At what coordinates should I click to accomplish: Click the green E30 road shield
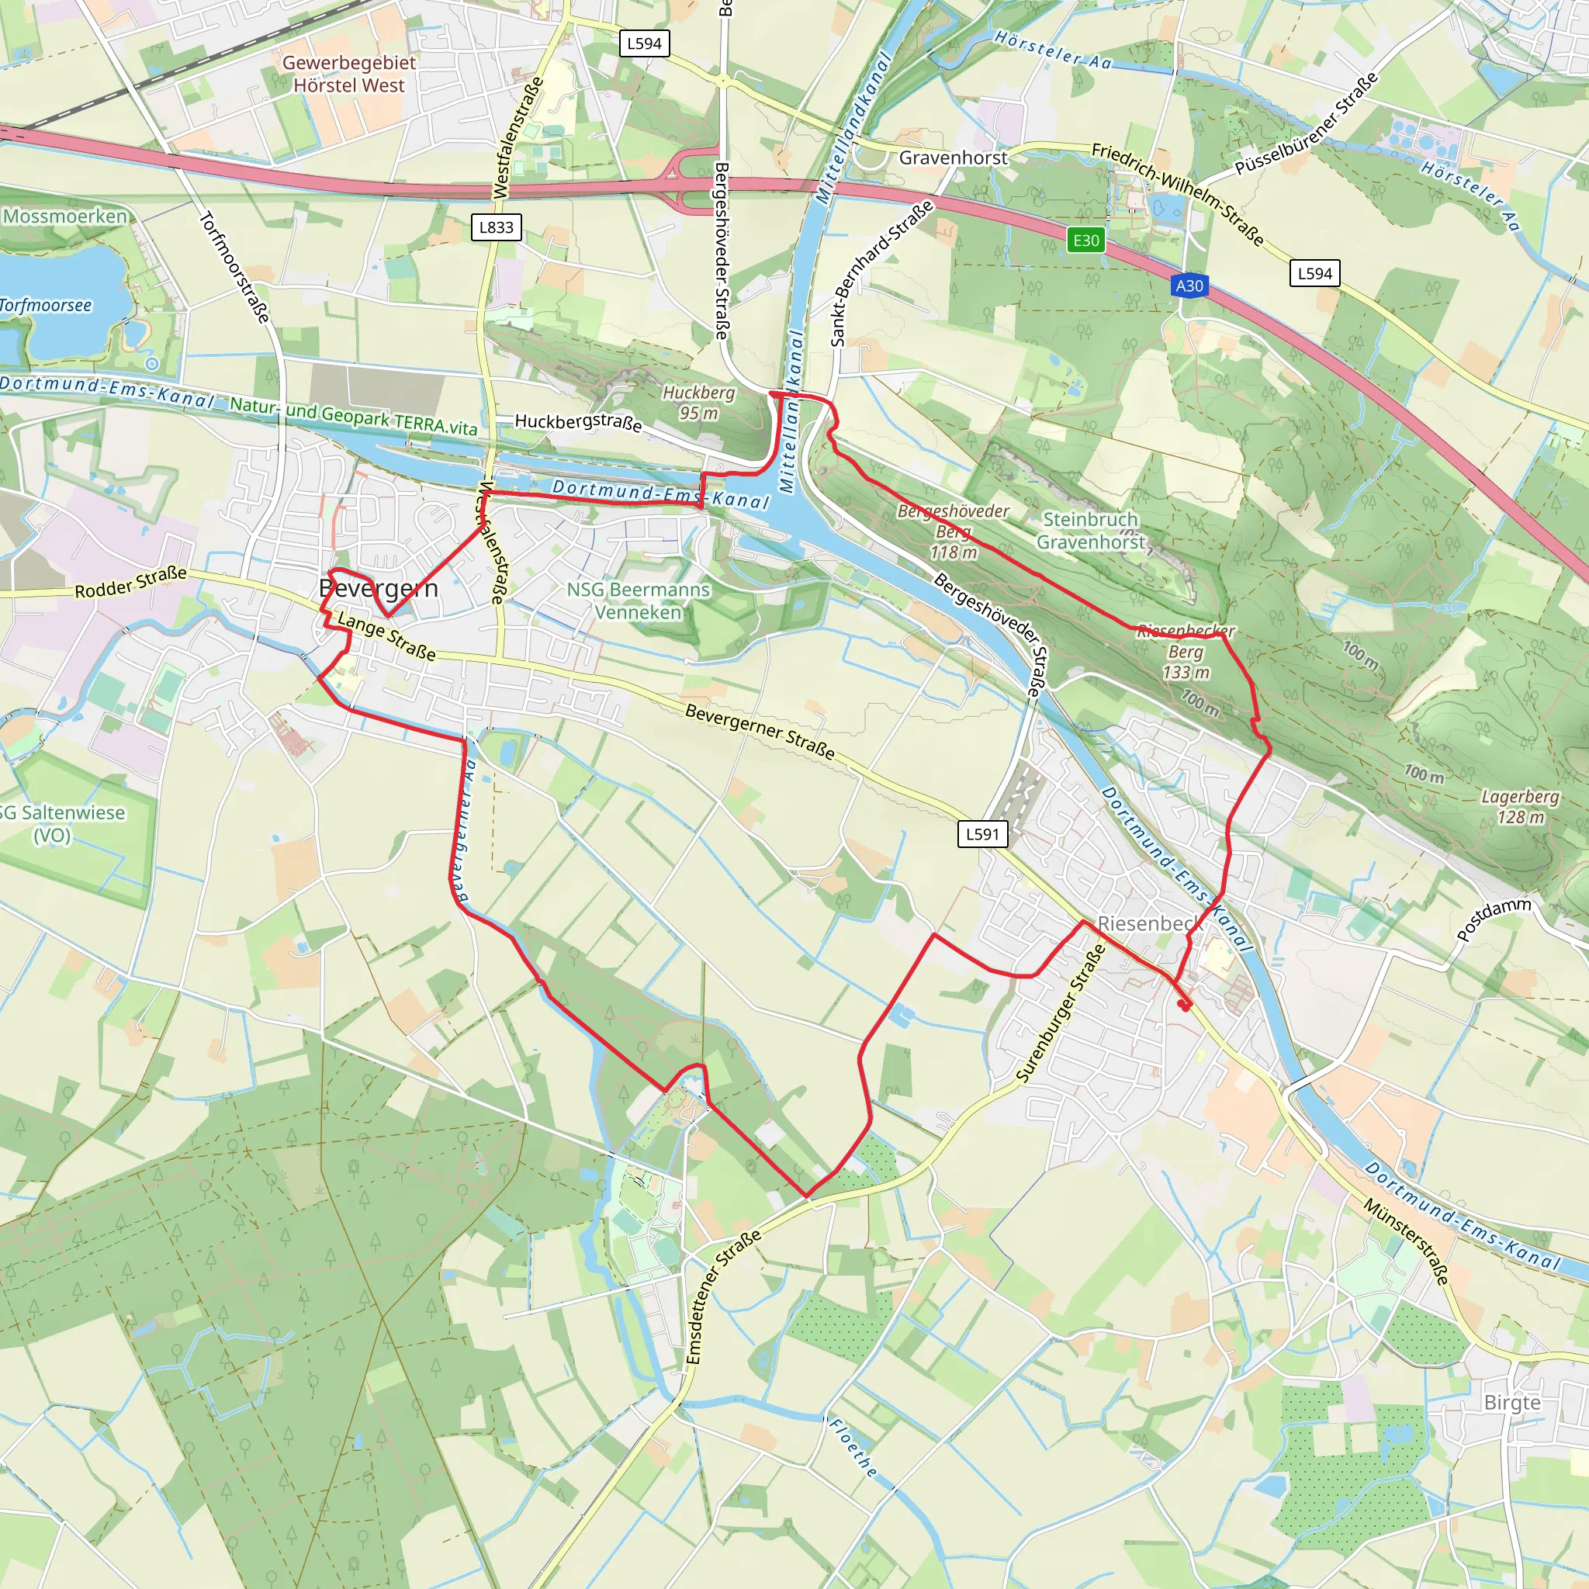[1085, 241]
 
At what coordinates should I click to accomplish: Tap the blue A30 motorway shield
[1189, 286]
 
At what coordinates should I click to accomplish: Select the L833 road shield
[496, 227]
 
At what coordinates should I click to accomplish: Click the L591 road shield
[982, 834]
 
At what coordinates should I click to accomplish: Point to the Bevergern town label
[379, 588]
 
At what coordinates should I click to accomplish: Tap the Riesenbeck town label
[1150, 923]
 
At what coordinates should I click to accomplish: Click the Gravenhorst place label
[953, 157]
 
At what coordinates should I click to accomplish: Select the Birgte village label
[1511, 1402]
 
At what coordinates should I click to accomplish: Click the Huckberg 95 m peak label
[698, 402]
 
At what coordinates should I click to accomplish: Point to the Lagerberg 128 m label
[1520, 806]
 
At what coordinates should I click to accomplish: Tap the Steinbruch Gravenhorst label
[1090, 531]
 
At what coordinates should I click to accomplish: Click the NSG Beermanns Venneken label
[639, 601]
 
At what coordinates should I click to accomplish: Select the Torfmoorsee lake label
[46, 305]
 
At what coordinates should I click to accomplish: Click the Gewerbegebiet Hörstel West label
[348, 73]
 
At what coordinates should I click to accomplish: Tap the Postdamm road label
[1494, 919]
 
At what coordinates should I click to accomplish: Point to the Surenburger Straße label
[1060, 1013]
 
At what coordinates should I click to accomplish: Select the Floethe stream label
[853, 1448]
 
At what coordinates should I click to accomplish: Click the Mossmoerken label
[66, 216]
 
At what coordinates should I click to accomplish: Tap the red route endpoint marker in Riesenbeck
[1183, 1004]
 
